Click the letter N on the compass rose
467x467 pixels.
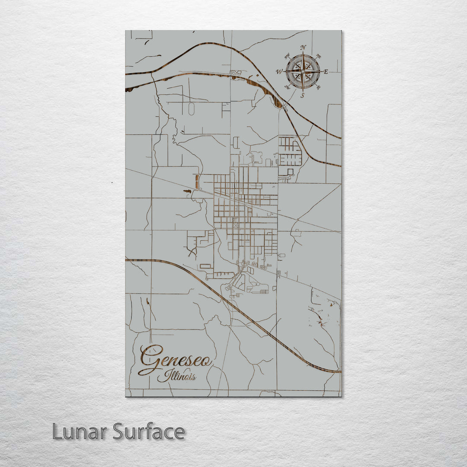303,48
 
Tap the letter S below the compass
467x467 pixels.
303,95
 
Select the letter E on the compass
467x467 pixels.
326,72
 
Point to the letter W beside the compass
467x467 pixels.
279,72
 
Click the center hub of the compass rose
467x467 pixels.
303,71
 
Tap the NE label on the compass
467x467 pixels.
319,56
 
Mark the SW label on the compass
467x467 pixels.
287,87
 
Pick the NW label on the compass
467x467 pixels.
287,55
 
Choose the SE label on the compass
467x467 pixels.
319,87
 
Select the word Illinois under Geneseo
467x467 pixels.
177,376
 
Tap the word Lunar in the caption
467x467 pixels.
80,432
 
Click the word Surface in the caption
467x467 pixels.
149,432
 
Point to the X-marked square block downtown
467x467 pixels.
235,225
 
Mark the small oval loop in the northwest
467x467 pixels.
191,109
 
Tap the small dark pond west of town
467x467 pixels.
187,191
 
